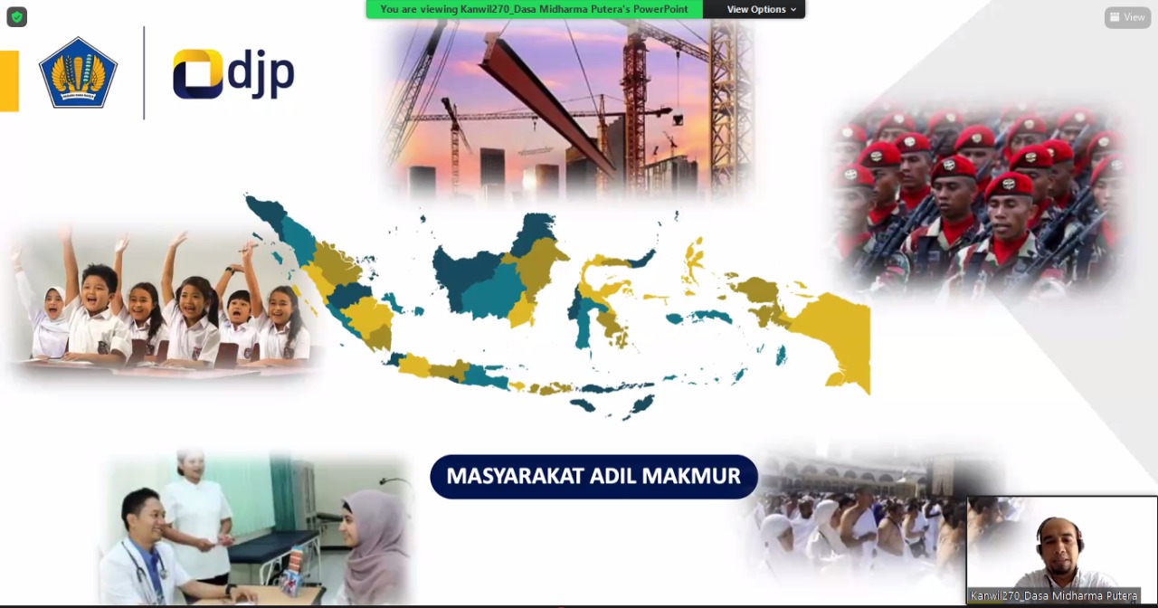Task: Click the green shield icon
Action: coord(16,17)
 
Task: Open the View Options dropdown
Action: coord(761,9)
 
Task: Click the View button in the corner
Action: coord(1127,17)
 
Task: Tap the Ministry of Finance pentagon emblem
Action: coord(78,72)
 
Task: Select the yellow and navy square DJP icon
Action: coord(197,73)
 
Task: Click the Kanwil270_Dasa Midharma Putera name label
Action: coord(1054,595)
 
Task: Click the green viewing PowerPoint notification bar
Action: coord(534,9)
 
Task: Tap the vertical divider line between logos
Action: coord(144,73)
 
